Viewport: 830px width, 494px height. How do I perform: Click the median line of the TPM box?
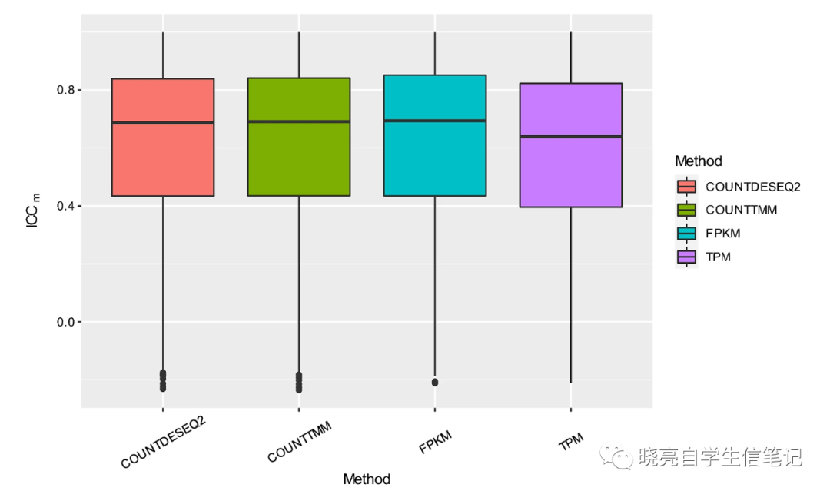[x=571, y=137]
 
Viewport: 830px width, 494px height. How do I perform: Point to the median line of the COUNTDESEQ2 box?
[x=162, y=123]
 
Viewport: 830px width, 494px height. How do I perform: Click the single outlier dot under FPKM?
[x=435, y=382]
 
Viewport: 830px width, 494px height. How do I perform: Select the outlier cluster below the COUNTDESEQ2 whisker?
[x=162, y=380]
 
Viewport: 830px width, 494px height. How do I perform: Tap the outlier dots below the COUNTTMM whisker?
[x=298, y=382]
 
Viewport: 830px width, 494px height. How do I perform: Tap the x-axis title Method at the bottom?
[x=367, y=479]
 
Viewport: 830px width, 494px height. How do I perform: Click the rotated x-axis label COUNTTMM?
[x=300, y=446]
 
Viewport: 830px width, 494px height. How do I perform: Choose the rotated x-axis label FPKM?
[x=436, y=443]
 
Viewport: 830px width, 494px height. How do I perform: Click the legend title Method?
[x=698, y=161]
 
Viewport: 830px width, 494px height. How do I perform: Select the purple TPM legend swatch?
[x=686, y=257]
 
